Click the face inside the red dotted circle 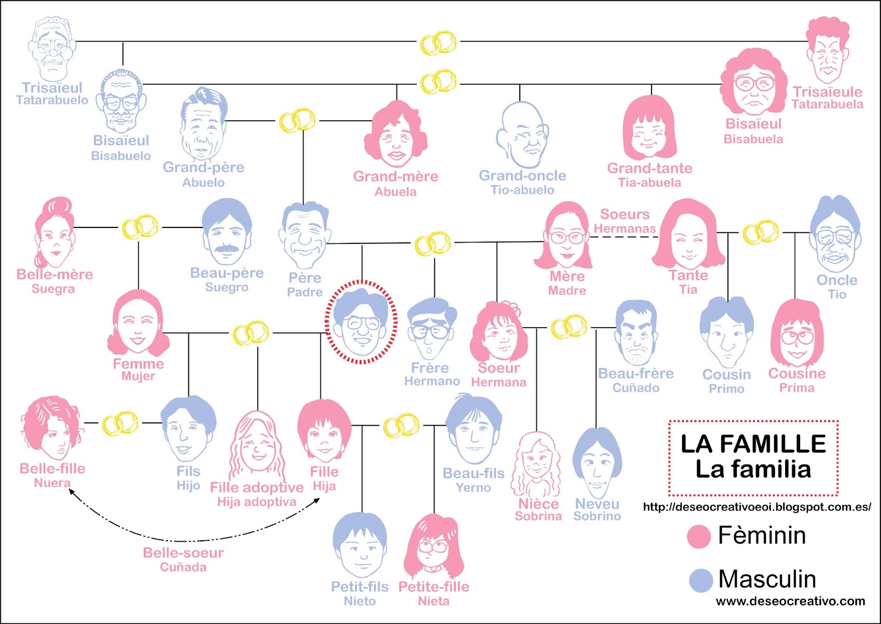point(361,324)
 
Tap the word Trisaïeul point(52,88)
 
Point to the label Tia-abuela point(649,183)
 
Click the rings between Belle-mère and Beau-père point(140,227)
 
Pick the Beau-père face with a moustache point(227,234)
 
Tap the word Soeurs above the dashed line point(624,214)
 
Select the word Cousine point(797,373)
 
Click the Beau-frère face point(636,334)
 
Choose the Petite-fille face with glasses point(434,546)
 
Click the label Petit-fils point(360,587)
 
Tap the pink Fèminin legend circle point(699,536)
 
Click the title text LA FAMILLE point(753,444)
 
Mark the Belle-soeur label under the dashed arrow point(183,553)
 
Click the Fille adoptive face point(257,446)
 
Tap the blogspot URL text point(757,507)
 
